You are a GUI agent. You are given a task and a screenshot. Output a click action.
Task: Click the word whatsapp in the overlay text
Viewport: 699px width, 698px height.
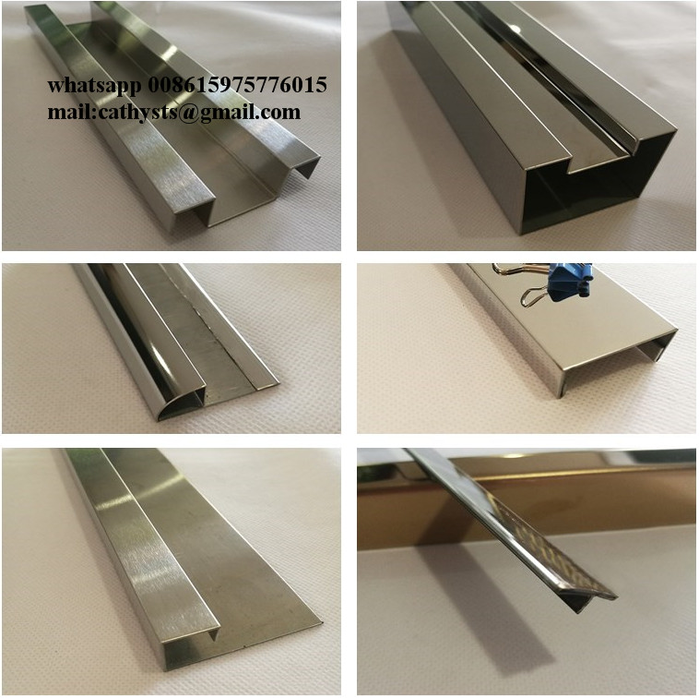pos(95,85)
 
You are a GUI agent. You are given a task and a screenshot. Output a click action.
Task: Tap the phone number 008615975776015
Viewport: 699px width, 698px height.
pos(237,84)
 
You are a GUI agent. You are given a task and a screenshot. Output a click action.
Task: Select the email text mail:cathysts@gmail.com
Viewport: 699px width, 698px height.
pos(174,112)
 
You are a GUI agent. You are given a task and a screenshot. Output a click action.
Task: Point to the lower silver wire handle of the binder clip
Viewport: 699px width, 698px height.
pos(535,295)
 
